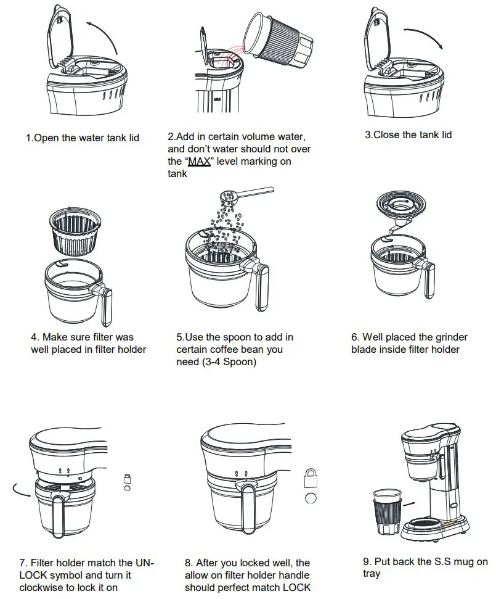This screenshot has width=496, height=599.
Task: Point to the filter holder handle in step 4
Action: (104, 305)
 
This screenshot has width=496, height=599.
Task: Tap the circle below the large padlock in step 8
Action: (311, 497)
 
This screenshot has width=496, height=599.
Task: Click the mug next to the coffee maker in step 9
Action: (384, 510)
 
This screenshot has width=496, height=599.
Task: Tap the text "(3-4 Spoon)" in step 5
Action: (216, 361)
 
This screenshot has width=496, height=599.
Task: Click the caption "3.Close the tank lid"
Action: (408, 134)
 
